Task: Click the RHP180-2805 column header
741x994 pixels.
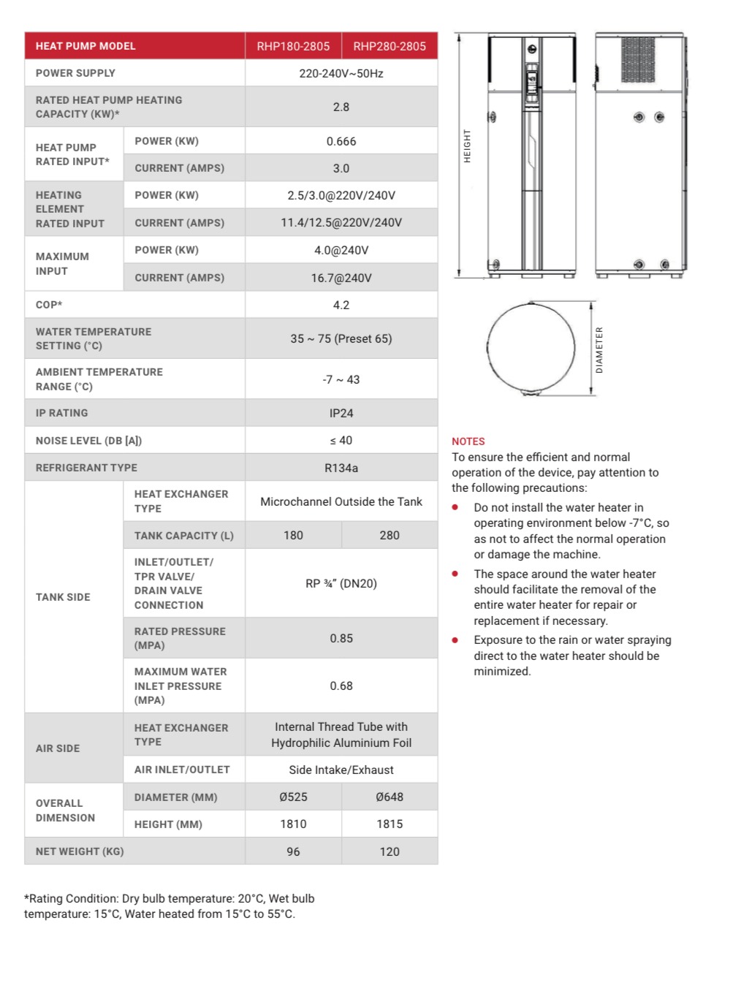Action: click(293, 46)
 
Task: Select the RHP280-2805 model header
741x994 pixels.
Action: click(389, 46)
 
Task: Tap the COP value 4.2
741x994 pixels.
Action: click(341, 305)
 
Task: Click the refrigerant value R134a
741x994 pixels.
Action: click(341, 468)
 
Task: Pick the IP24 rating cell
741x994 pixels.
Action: click(341, 413)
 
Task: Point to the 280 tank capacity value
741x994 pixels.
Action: click(389, 535)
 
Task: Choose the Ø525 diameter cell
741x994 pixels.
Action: click(293, 797)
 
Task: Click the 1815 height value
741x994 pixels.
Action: click(389, 824)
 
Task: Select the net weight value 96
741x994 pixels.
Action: click(293, 851)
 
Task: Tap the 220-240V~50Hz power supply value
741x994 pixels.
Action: click(341, 73)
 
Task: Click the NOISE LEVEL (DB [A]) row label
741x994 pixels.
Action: click(88, 441)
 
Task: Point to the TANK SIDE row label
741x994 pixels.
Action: click(63, 597)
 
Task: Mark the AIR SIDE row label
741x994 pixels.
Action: click(58, 748)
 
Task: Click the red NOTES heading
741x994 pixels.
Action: click(468, 441)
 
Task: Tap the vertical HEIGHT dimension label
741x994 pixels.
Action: click(467, 146)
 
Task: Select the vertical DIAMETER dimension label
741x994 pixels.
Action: click(599, 350)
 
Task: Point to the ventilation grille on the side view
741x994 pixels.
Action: click(638, 59)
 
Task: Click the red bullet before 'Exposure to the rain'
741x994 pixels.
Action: click(455, 640)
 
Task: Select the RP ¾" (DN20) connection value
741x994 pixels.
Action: click(341, 583)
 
